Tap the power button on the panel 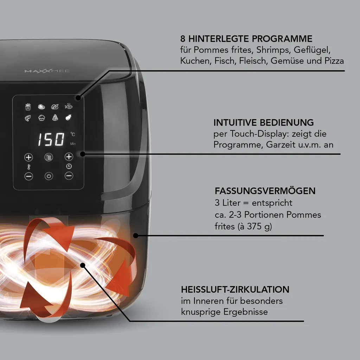[x=49, y=176]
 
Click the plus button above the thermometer [x=29, y=157]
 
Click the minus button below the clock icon [x=69, y=176]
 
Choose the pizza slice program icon [x=55, y=118]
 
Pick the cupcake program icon [x=42, y=118]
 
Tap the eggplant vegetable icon [x=69, y=118]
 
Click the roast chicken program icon [x=55, y=106]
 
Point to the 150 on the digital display [x=51, y=140]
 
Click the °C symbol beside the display [x=72, y=134]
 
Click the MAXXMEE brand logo [x=47, y=71]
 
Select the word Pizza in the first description [x=334, y=60]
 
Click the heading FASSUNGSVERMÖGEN [x=265, y=191]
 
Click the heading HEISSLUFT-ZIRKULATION [x=235, y=290]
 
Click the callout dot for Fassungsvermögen [x=136, y=235]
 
